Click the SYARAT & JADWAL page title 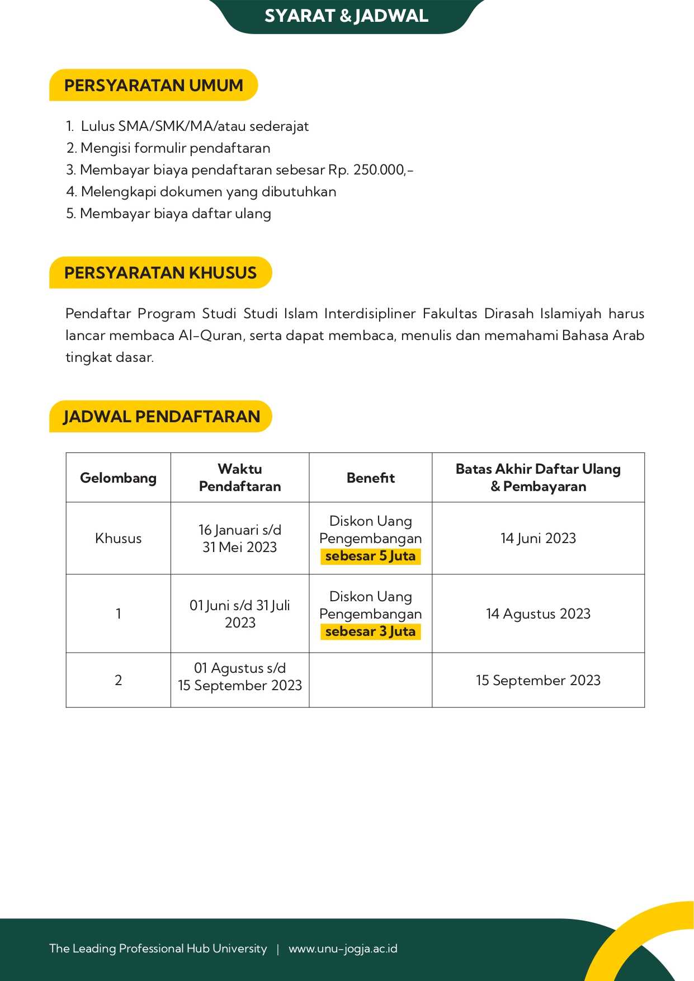click(346, 16)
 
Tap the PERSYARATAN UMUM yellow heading click(153, 86)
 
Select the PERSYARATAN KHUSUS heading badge click(160, 273)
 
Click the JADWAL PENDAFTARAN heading click(161, 417)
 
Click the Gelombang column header click(118, 478)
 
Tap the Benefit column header click(370, 478)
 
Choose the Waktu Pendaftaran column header click(240, 478)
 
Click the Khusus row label click(118, 538)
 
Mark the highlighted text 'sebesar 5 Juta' click(370, 556)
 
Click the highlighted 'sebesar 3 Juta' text click(370, 631)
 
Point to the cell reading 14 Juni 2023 click(538, 538)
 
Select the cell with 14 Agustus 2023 click(538, 614)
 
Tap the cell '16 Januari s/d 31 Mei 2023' click(240, 538)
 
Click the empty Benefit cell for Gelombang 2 click(370, 680)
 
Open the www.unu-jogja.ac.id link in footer click(343, 949)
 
